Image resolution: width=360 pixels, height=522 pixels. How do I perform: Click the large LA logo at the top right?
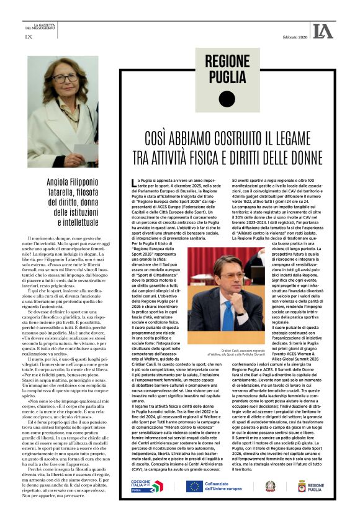(323, 30)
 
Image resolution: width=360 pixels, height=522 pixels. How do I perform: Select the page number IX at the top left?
(29, 37)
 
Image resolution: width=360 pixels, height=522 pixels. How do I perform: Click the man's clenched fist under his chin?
(218, 289)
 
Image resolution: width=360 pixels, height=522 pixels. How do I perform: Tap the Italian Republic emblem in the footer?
(287, 486)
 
